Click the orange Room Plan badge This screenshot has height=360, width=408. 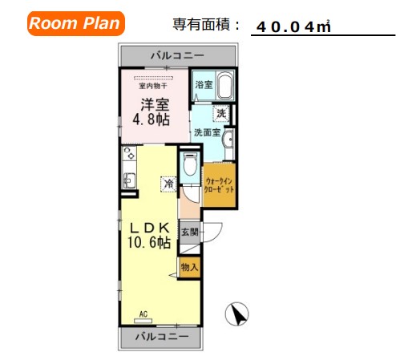[75, 22]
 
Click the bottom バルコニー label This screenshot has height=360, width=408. [161, 337]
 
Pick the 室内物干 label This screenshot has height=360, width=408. [151, 87]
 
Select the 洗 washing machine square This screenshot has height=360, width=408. [221, 114]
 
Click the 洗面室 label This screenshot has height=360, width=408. [206, 133]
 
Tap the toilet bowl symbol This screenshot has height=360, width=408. [190, 167]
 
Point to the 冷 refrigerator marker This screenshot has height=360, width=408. [169, 185]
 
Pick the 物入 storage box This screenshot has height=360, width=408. [189, 266]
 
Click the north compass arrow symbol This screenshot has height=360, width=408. [236, 314]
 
